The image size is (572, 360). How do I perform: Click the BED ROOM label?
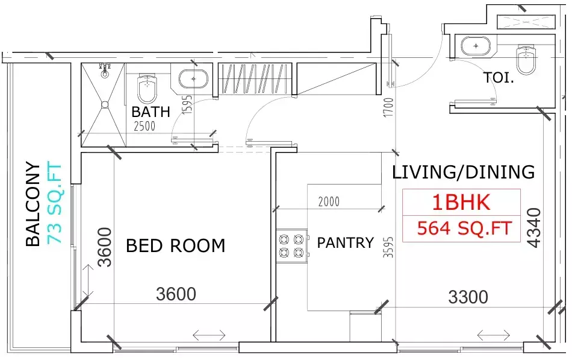(175, 245)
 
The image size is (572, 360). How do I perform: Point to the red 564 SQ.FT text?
(464, 229)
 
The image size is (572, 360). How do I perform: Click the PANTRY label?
(345, 242)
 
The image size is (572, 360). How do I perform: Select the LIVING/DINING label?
(463, 172)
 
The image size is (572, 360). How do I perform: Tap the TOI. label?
(499, 78)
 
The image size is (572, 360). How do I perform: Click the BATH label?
(151, 112)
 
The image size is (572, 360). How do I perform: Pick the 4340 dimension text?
(534, 227)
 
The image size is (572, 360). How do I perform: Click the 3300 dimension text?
(468, 297)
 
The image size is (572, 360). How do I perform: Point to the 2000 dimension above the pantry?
(329, 202)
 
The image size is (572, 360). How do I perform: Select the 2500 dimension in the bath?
(145, 126)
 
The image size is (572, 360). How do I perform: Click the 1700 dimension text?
(388, 107)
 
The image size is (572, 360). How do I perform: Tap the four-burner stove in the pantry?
(291, 245)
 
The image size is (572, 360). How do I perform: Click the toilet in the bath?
(146, 88)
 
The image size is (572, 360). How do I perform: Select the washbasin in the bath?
(193, 79)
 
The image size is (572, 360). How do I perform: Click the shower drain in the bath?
(105, 104)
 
